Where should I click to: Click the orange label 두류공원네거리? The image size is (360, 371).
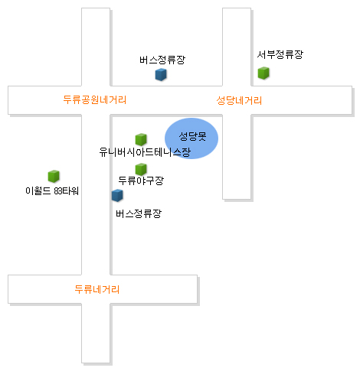point(95,99)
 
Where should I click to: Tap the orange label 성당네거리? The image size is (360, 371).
point(239,100)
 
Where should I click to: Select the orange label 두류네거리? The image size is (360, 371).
point(97,289)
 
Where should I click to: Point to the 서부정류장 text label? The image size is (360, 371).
point(280,54)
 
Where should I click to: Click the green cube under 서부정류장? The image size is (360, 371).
point(263,73)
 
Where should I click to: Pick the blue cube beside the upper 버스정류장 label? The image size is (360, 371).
point(161,74)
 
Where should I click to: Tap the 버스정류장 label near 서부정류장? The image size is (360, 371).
point(162,60)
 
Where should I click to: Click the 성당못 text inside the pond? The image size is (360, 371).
point(192,136)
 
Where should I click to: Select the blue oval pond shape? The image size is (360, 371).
point(191,138)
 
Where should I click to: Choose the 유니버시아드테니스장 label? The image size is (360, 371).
point(145,152)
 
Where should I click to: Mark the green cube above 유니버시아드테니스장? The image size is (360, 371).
point(141,139)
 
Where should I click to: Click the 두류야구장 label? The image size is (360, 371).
point(141,181)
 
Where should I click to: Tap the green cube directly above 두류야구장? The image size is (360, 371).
point(141,169)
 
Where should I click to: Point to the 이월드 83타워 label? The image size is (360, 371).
point(52,191)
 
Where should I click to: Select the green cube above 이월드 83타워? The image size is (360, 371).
point(54,176)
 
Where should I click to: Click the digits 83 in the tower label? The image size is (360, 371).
point(57,191)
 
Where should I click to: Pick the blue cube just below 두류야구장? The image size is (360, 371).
point(117,195)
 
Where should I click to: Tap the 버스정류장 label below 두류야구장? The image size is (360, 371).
point(139,213)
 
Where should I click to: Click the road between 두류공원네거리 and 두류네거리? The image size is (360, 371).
point(96,195)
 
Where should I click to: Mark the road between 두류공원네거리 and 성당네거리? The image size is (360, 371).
point(166,100)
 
